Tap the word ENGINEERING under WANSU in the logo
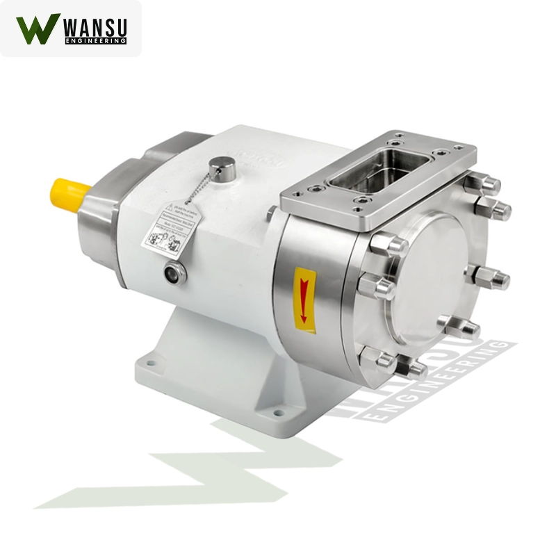point(95,42)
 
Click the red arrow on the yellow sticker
point(303,292)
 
